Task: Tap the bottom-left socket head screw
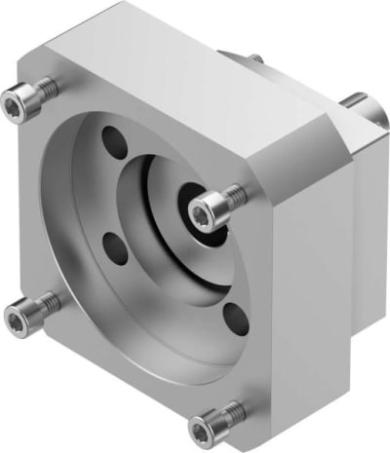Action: pyautogui.click(x=21, y=314)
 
